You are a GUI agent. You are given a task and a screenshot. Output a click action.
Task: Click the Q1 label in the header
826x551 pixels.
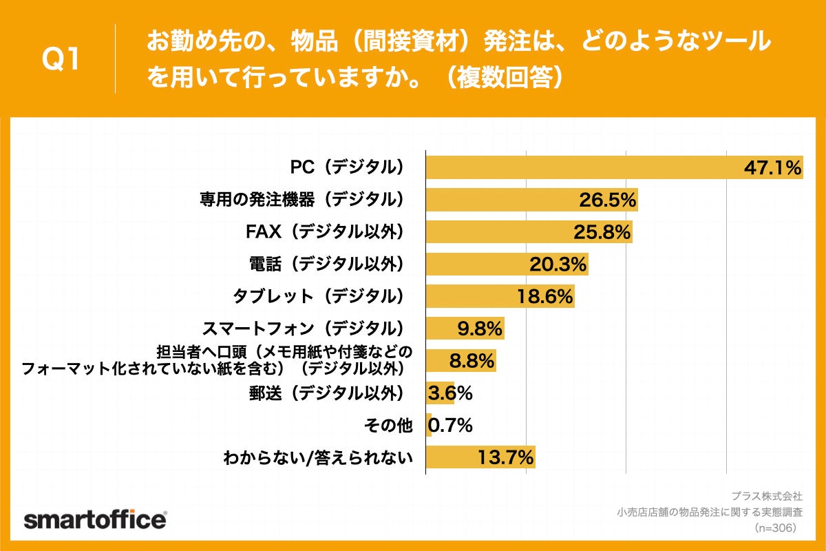point(61,60)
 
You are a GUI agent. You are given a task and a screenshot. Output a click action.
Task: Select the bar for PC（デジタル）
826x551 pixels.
point(585,168)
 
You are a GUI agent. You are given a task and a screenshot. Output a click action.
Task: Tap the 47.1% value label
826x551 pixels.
point(773,168)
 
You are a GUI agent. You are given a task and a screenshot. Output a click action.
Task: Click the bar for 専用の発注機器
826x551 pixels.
point(502,200)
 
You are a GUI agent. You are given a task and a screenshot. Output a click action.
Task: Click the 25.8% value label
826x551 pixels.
point(602,233)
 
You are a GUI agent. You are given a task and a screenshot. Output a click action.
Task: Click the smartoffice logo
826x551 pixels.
point(95,520)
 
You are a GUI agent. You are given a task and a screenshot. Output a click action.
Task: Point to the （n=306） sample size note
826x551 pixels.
point(774,528)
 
